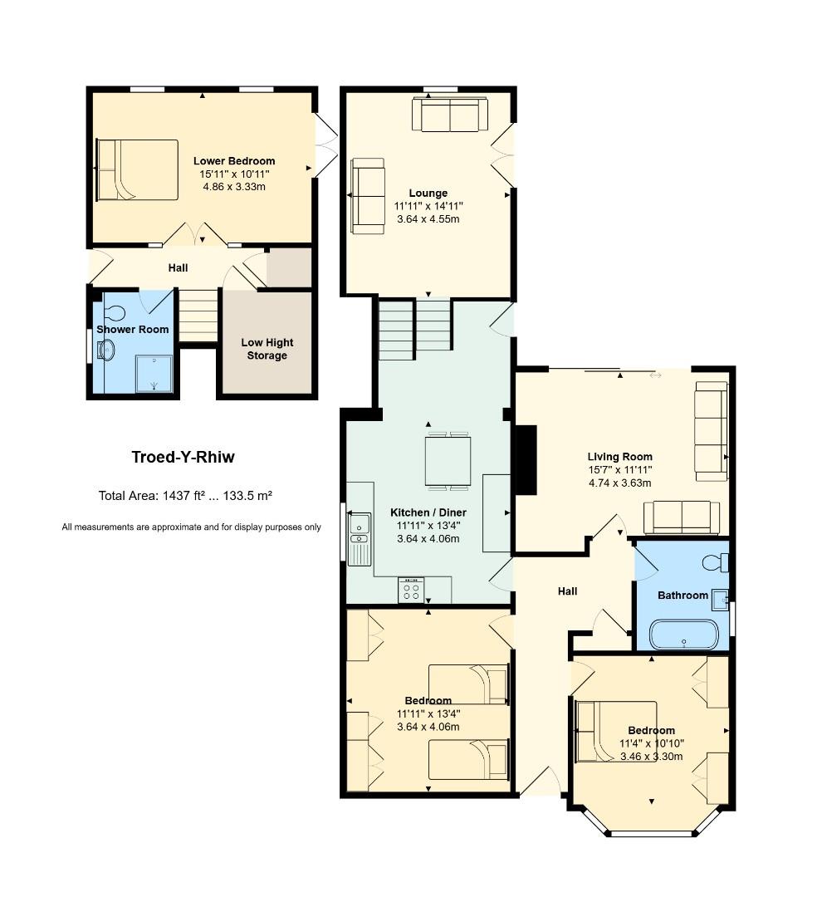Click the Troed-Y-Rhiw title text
[x=183, y=457]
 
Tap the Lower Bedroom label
[x=234, y=161]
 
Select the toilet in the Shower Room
[x=114, y=313]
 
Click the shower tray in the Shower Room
[x=154, y=374]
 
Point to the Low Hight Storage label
[x=267, y=349]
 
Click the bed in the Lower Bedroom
[x=137, y=170]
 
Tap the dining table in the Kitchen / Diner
[x=448, y=461]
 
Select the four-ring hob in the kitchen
[x=411, y=590]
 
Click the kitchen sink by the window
[x=360, y=527]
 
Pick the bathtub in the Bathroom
[x=683, y=634]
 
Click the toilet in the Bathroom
[x=715, y=562]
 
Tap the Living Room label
[x=620, y=457]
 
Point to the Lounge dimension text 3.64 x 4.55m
[x=428, y=219]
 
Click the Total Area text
[x=185, y=496]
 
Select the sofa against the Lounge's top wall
[x=450, y=115]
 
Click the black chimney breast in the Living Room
[x=526, y=460]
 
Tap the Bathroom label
[x=683, y=596]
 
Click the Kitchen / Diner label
[x=428, y=512]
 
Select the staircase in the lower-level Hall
[x=198, y=316]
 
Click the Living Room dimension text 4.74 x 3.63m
[x=620, y=483]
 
